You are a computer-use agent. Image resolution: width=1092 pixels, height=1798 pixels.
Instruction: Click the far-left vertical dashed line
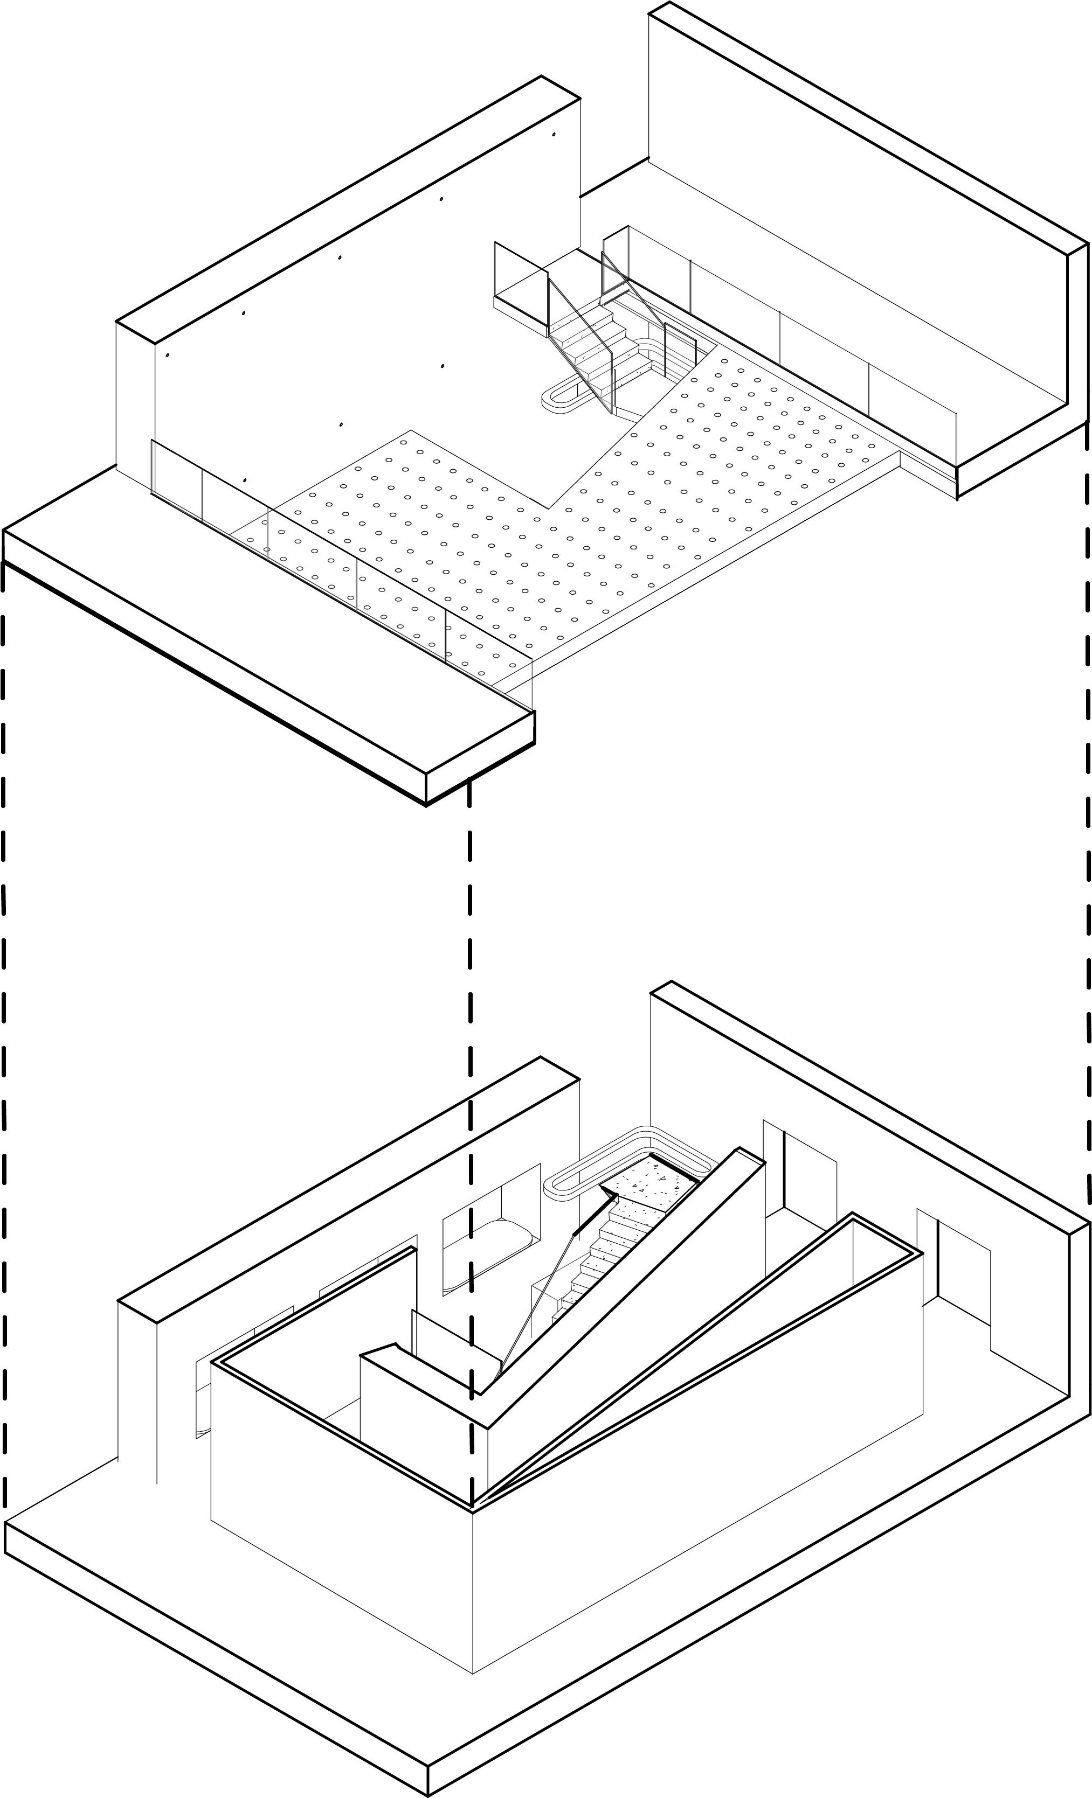[x=4, y=1022]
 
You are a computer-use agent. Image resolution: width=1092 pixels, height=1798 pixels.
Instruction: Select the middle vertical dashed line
[x=469, y=1022]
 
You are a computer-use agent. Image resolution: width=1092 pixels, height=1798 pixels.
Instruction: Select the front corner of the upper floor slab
[x=426, y=803]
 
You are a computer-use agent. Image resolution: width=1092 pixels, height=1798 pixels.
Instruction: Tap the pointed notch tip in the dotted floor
[x=549, y=508]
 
